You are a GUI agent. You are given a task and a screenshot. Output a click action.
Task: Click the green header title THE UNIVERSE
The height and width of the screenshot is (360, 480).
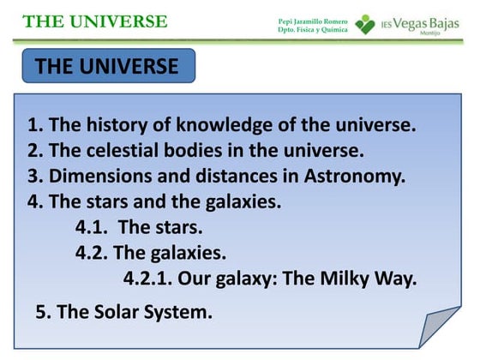(95, 21)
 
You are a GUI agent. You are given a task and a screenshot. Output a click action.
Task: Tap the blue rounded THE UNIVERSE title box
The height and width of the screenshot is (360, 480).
(108, 67)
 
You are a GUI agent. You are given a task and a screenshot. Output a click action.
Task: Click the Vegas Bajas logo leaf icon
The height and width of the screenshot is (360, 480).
(365, 23)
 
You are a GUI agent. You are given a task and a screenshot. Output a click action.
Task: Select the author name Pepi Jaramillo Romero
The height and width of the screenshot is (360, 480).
(313, 20)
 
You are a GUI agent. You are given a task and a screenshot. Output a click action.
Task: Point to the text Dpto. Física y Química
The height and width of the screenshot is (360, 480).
(313, 29)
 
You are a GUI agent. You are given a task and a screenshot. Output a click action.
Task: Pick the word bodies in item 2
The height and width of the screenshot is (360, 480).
(194, 152)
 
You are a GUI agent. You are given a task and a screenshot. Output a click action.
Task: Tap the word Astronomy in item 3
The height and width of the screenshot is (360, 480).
(355, 177)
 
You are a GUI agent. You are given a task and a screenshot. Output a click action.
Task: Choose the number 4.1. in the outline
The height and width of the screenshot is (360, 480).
(91, 228)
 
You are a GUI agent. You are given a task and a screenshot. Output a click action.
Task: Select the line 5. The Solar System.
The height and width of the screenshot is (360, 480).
(124, 312)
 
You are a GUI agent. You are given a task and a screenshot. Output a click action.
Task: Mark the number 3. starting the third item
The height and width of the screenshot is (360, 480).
(34, 177)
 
